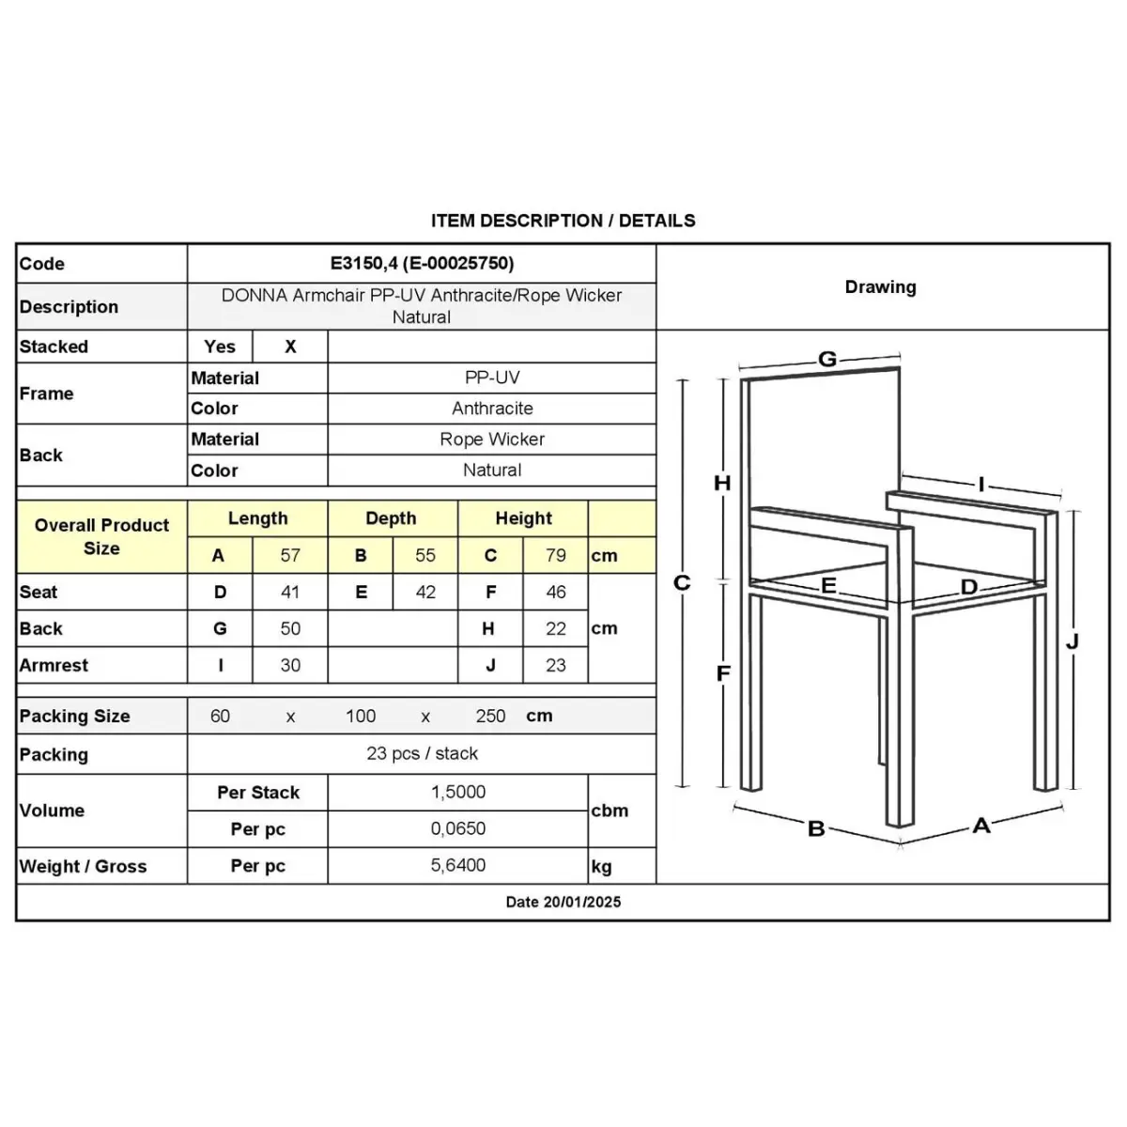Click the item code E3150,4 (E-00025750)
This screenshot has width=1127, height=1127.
click(422, 264)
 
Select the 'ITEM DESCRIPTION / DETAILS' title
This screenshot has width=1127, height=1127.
click(563, 221)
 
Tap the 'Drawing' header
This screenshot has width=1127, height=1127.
click(880, 287)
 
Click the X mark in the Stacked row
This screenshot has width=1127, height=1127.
click(290, 347)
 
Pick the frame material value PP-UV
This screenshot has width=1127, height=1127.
click(492, 378)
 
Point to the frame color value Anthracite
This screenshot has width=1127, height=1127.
click(492, 409)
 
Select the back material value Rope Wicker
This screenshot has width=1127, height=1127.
click(492, 440)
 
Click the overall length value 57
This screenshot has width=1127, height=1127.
click(290, 555)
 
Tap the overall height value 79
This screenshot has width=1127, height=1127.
click(556, 555)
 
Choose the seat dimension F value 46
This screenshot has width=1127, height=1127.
click(556, 592)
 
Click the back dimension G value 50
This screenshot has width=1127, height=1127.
click(290, 628)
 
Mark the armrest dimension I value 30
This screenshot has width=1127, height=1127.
click(290, 665)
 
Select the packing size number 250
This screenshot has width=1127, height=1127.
click(490, 716)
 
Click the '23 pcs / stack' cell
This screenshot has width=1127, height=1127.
click(422, 753)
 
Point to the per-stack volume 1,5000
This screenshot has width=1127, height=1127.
click(458, 792)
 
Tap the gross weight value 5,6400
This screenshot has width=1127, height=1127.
click(458, 865)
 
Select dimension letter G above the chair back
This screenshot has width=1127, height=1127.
click(827, 359)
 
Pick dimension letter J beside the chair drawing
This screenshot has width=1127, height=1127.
click(1073, 641)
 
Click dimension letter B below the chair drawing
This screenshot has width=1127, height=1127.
click(816, 828)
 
